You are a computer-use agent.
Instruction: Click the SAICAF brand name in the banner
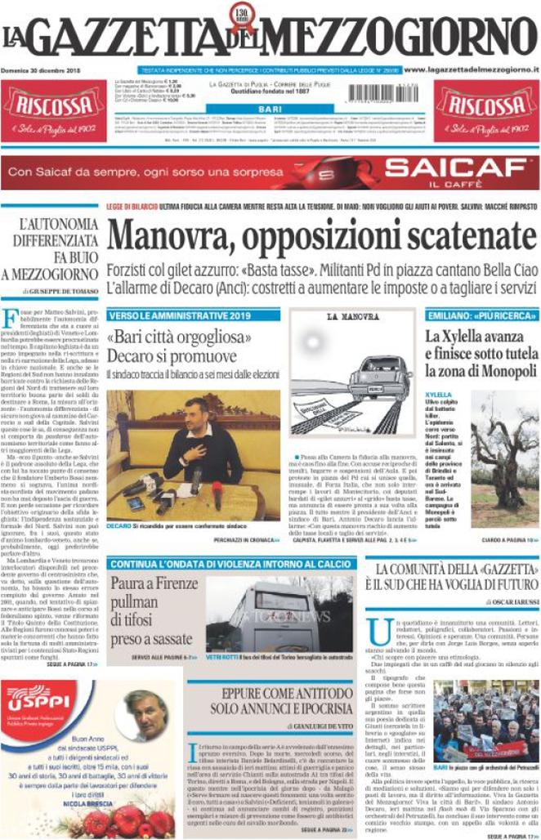coord(455,171)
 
